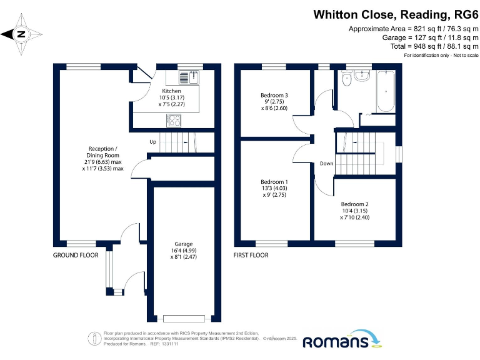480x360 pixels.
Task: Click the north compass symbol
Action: pyautogui.click(x=21, y=34)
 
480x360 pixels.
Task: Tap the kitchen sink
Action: pyautogui.click(x=188, y=77)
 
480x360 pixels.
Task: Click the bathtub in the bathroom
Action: pyautogui.click(x=384, y=92)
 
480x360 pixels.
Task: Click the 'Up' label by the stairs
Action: pyautogui.click(x=152, y=142)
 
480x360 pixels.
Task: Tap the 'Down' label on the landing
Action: pyautogui.click(x=326, y=164)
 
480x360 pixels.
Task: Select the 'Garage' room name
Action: pyautogui.click(x=184, y=244)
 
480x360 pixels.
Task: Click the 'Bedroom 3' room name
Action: pyautogui.click(x=274, y=95)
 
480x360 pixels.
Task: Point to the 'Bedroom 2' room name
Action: pyautogui.click(x=354, y=204)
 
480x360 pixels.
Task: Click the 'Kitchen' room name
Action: pyautogui.click(x=154, y=91)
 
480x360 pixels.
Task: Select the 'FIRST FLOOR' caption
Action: pyautogui.click(x=251, y=255)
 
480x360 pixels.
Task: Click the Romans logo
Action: pyautogui.click(x=344, y=341)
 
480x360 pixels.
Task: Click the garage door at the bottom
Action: pyautogui.click(x=184, y=318)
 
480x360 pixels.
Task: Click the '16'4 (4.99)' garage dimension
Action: pyautogui.click(x=184, y=251)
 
